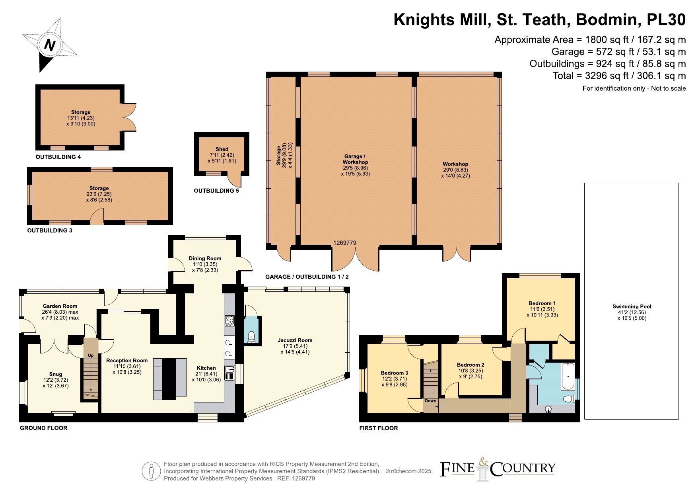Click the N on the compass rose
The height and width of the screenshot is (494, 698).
pyautogui.click(x=49, y=45)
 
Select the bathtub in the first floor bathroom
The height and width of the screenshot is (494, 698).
pyautogui.click(x=568, y=376)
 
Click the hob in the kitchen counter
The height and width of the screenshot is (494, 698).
pyautogui.click(x=230, y=320)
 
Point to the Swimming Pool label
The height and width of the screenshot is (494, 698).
pyautogui.click(x=632, y=307)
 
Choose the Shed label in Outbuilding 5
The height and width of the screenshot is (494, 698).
pyautogui.click(x=222, y=149)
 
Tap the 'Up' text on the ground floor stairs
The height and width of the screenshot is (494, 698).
pyautogui.click(x=91, y=355)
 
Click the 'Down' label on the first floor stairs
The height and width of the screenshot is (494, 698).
pyautogui.click(x=430, y=401)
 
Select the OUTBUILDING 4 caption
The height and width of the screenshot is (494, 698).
pyautogui.click(x=58, y=157)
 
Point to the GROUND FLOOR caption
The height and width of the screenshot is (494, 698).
pyautogui.click(x=44, y=428)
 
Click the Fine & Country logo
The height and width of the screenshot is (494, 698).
pyautogui.click(x=498, y=469)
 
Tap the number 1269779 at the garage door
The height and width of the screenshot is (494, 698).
pyautogui.click(x=345, y=243)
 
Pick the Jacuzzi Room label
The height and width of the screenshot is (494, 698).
pyautogui.click(x=295, y=340)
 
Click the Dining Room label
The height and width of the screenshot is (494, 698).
pyautogui.click(x=205, y=258)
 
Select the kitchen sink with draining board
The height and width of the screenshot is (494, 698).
pyautogui.click(x=230, y=373)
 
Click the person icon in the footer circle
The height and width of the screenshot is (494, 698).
pyautogui.click(x=151, y=471)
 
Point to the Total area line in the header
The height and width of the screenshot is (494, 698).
pyautogui.click(x=619, y=76)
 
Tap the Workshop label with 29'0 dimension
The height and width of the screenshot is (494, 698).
pyautogui.click(x=455, y=164)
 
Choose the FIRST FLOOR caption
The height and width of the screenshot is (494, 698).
pyautogui.click(x=379, y=428)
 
